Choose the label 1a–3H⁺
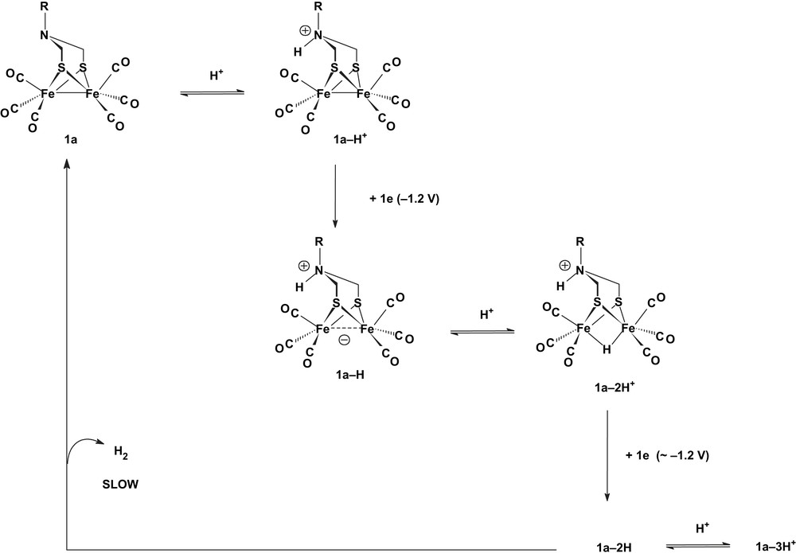[x=769, y=544]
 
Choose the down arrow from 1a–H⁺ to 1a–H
[x=335, y=195]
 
